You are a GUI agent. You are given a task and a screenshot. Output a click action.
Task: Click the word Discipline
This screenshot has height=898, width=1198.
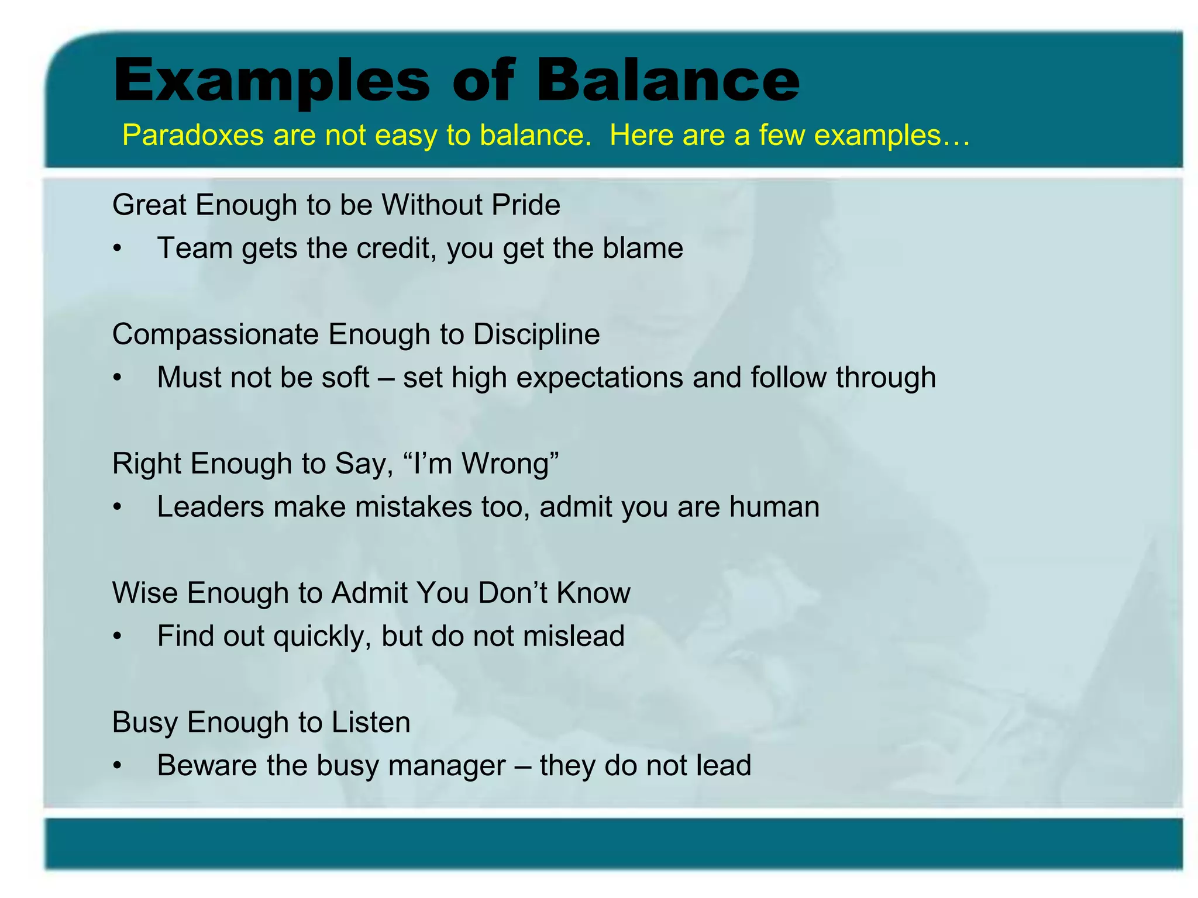(x=536, y=334)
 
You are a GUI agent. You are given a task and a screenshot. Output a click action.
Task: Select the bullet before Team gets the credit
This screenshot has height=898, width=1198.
(x=118, y=249)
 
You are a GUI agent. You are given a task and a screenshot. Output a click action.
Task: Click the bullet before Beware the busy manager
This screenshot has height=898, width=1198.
(x=118, y=766)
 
